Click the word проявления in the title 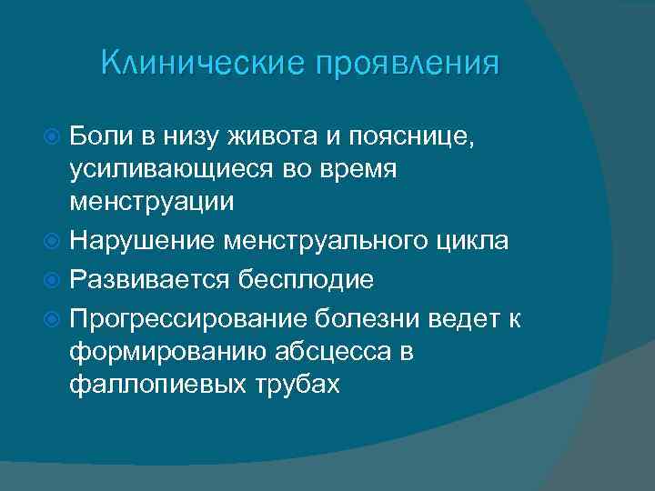point(407,65)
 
